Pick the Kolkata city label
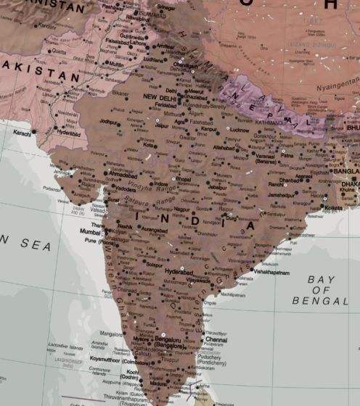(334, 208)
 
